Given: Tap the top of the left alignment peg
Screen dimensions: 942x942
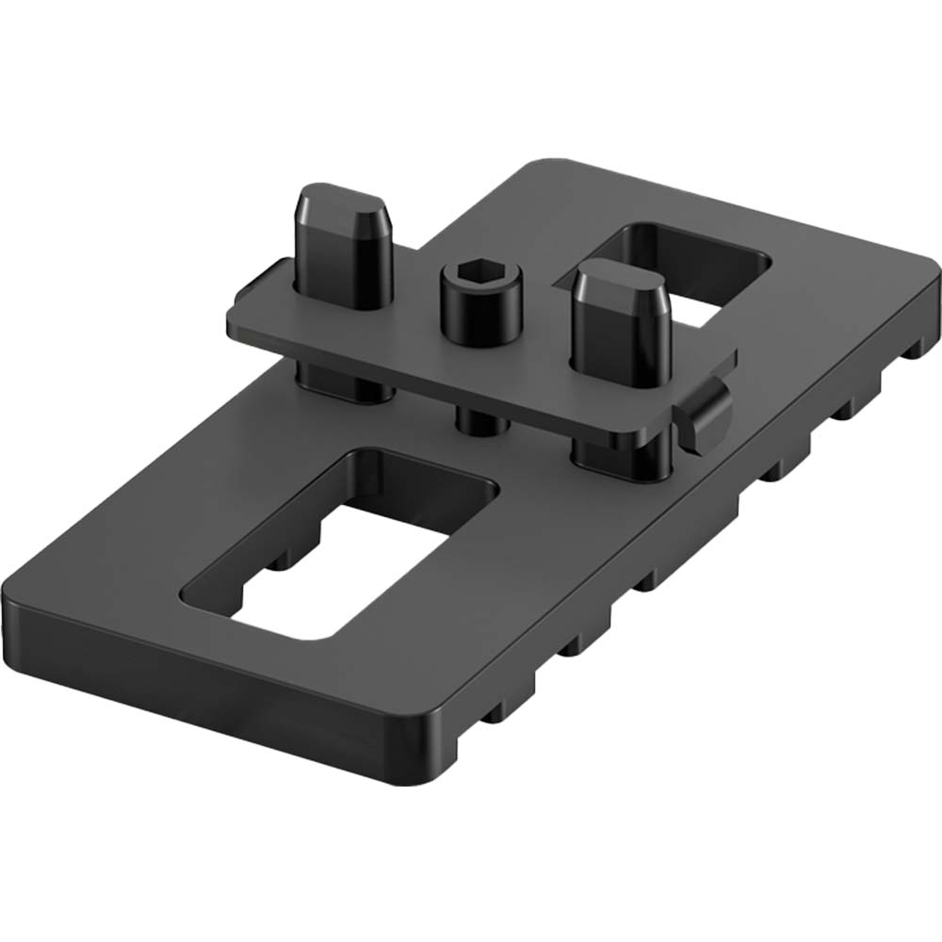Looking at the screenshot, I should [x=342, y=202].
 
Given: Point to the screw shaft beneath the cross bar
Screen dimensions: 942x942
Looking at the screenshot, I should [x=481, y=419].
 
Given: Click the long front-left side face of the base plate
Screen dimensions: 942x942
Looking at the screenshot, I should [x=207, y=678].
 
